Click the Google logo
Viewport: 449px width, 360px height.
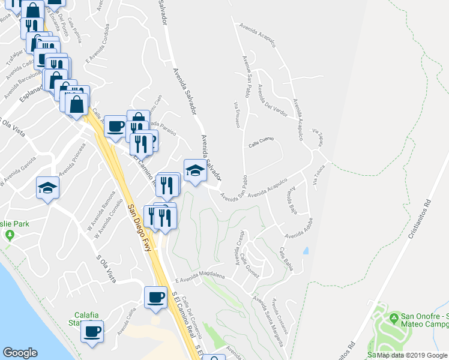point(20,353)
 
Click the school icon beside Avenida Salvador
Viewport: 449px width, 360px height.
point(195,171)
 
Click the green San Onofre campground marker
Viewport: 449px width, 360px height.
point(394,317)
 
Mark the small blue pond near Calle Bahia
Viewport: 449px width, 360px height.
point(307,251)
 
